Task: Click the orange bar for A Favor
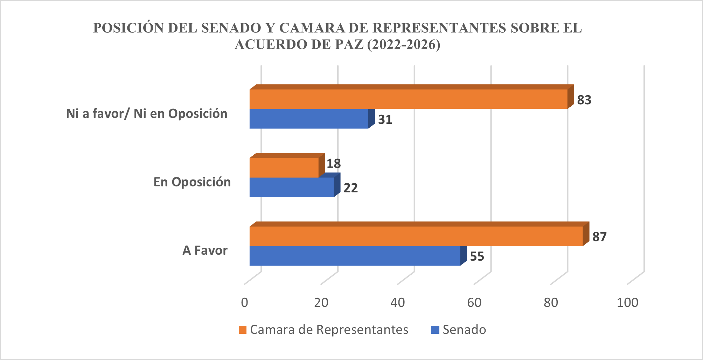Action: pos(416,236)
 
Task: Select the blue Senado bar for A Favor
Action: pos(355,256)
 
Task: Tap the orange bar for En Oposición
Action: pos(284,168)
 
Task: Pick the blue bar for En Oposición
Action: pos(292,187)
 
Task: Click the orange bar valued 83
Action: pos(408,99)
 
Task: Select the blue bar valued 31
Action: pos(309,119)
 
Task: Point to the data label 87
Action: pos(599,237)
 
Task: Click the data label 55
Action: pos(477,256)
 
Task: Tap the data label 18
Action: pos(334,163)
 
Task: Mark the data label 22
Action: pos(350,188)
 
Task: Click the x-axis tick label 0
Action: pos(244,303)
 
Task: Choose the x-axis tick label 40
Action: pos(398,303)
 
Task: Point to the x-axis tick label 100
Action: pos(627,303)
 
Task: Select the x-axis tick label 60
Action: pos(474,303)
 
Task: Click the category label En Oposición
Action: pos(192,182)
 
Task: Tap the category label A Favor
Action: pos(205,250)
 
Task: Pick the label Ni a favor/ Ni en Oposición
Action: pos(147,114)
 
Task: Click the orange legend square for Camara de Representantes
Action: pos(242,330)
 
